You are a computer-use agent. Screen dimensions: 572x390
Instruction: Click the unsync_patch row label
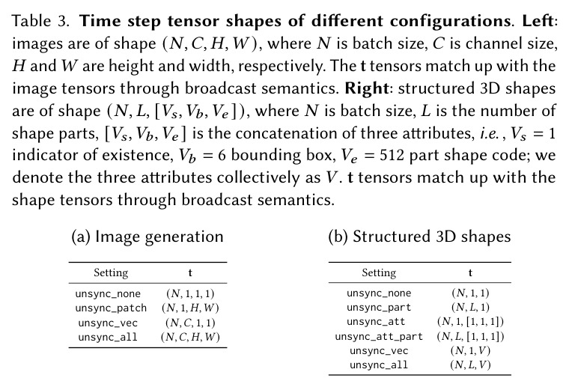[111, 308]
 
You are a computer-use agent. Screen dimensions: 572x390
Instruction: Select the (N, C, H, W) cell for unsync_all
[190, 337]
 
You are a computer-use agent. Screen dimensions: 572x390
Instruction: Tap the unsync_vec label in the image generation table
[108, 323]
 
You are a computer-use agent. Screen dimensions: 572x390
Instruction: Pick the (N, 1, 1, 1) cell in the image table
[190, 293]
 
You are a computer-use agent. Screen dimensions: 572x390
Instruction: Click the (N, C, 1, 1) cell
[190, 323]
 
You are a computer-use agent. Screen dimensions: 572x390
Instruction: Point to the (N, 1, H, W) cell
[190, 308]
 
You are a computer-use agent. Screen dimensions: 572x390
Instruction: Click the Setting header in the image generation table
[111, 273]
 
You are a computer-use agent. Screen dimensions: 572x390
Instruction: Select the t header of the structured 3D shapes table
[470, 273]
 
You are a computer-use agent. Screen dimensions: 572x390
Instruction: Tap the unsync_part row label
[379, 308]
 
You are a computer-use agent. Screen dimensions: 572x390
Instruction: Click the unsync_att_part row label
[379, 336]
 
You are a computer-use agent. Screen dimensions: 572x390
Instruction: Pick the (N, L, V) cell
[471, 365]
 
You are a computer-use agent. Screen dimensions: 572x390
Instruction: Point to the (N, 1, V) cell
[471, 350]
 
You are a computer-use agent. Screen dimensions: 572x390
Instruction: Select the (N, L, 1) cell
[471, 308]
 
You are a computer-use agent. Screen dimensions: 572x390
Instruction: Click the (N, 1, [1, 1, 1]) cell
[471, 322]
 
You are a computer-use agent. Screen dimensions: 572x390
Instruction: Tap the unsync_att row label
[376, 322]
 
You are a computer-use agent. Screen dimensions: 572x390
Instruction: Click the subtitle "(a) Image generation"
[147, 237]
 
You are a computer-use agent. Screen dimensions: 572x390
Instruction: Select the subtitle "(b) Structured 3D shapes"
[419, 237]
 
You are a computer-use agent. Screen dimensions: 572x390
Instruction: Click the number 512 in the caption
[392, 156]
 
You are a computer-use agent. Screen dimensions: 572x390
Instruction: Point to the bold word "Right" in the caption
[367, 88]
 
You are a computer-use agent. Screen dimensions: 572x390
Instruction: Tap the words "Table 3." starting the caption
[40, 21]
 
